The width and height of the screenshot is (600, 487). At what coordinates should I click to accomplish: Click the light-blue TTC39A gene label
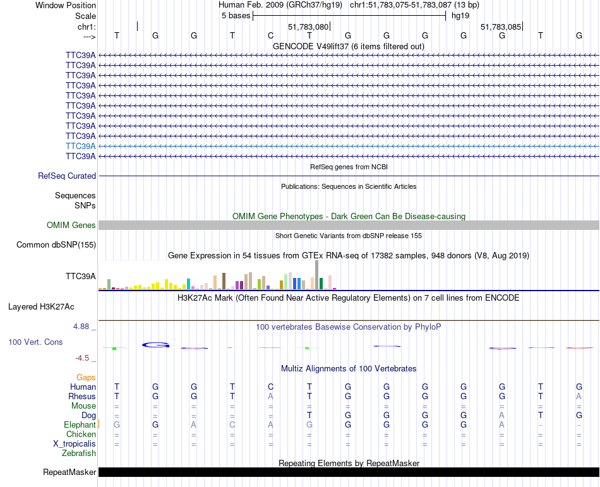[81, 146]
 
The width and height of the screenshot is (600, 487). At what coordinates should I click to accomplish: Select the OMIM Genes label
[71, 225]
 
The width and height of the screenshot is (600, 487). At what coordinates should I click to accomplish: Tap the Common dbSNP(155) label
[56, 245]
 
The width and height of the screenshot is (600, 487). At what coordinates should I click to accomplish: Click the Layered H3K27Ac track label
[41, 307]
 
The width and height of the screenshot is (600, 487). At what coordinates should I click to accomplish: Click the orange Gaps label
[86, 378]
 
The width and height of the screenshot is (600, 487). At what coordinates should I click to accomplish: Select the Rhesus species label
[82, 396]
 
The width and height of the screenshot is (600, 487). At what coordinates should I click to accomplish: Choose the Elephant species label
[80, 425]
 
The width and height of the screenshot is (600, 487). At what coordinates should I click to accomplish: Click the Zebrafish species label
[79, 453]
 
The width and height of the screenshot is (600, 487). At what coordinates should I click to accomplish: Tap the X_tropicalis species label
[75, 443]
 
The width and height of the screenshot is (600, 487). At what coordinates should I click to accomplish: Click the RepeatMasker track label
[69, 472]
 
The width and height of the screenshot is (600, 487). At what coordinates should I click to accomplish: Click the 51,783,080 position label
[308, 27]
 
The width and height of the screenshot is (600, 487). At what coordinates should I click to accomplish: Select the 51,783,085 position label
[501, 27]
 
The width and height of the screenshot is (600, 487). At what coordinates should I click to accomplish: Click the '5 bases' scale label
[236, 16]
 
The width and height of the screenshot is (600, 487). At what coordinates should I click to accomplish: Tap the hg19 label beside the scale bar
[460, 16]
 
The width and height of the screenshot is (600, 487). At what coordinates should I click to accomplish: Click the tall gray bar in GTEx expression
[317, 274]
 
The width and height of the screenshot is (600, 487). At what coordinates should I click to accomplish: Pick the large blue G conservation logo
[156, 345]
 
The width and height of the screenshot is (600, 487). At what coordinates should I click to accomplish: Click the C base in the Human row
[270, 387]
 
